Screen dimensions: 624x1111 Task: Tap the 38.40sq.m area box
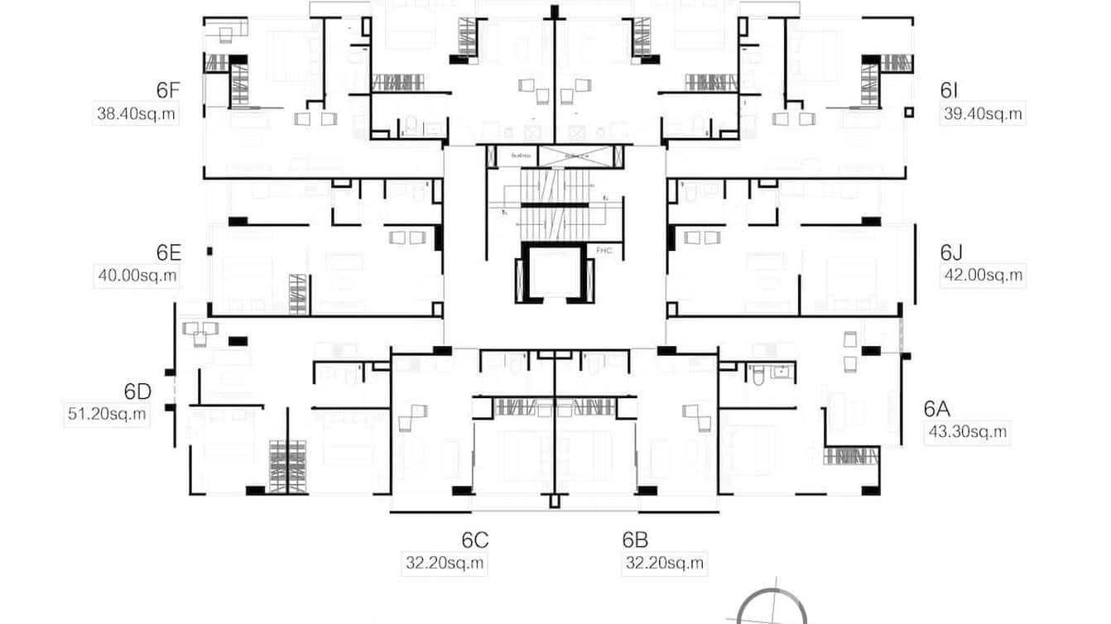coord(137,114)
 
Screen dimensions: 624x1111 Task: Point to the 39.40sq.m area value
coord(983,114)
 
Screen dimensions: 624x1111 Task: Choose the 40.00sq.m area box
coord(137,276)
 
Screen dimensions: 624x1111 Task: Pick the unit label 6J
coord(950,252)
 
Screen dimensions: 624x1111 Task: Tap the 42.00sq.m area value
coord(983,276)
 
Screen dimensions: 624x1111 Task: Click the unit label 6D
coord(137,391)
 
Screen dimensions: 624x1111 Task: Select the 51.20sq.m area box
coord(107,414)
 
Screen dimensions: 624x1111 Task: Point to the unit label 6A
coord(937,408)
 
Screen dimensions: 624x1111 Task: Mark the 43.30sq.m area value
coord(967,431)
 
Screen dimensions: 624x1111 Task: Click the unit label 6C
coord(475,540)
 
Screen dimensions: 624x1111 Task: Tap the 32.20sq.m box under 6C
coord(445,564)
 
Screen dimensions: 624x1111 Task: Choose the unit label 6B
coord(635,540)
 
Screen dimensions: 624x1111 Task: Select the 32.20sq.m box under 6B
coord(665,564)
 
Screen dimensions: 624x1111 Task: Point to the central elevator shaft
coord(554,276)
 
